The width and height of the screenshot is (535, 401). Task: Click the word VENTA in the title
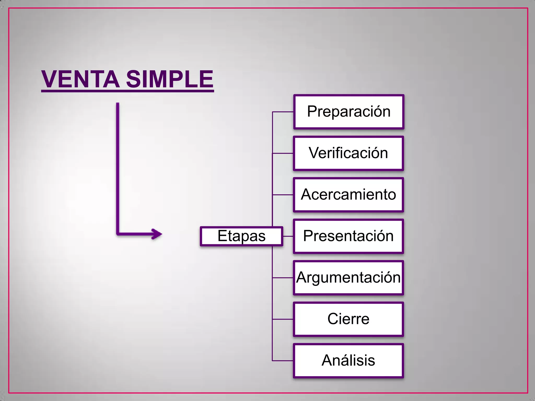(80, 79)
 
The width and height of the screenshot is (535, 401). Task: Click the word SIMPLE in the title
(170, 79)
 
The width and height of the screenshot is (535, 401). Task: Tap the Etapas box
(241, 236)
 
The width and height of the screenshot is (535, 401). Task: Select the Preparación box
(349, 112)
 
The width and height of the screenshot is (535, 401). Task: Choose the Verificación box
(348, 153)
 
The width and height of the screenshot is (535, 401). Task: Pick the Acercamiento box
(348, 195)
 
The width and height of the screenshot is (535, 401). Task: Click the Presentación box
(348, 236)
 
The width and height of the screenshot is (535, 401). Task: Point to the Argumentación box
(348, 278)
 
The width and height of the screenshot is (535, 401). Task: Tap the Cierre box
(348, 319)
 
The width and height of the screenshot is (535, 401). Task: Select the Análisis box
(348, 361)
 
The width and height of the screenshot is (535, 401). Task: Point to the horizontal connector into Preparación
(283, 112)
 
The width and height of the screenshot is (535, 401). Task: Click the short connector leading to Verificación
(283, 153)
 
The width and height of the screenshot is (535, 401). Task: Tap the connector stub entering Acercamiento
(283, 195)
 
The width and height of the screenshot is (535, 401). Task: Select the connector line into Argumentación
(283, 278)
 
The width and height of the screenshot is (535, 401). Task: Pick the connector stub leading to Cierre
(283, 319)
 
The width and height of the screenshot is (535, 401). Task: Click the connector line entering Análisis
(283, 361)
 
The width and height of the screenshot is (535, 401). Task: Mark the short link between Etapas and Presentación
(288, 236)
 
